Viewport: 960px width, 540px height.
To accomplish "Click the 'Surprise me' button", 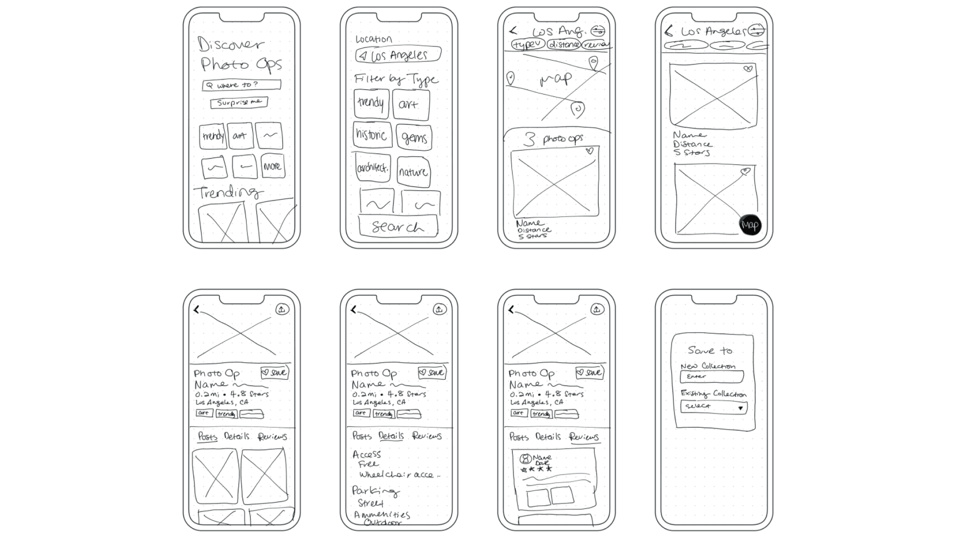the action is point(239,102).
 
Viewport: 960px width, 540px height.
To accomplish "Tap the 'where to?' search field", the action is point(241,85).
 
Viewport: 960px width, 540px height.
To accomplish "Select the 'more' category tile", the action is point(272,166).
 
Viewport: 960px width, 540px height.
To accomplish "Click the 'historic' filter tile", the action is point(371,135).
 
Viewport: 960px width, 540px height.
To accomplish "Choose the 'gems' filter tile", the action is point(414,137).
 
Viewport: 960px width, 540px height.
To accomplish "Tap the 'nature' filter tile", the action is point(413,172).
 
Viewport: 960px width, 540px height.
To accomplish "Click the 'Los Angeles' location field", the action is point(398,54).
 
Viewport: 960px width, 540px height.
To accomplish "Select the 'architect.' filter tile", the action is point(372,167).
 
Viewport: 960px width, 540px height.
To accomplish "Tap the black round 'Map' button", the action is point(749,224).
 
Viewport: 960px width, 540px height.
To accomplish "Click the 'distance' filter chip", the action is point(563,44).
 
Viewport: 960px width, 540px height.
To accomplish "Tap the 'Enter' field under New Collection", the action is point(712,376).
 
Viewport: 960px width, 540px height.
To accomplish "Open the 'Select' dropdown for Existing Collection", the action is point(713,407).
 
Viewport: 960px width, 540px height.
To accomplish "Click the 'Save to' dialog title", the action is point(710,350).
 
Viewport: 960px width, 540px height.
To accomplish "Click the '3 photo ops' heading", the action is point(553,139).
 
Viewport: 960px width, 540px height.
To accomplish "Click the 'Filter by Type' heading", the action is point(396,79).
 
